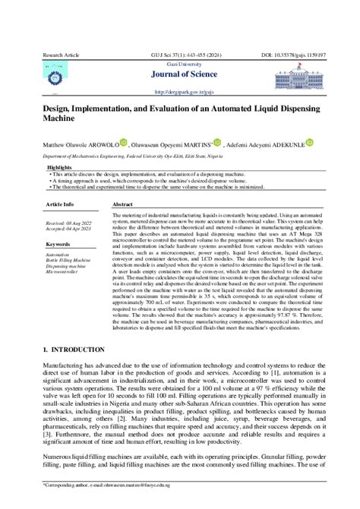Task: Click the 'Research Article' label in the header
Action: tap(62, 56)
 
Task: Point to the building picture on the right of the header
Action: tap(304, 77)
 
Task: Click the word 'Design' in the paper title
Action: tap(62, 109)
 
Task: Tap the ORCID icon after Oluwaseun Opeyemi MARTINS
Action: tap(217, 141)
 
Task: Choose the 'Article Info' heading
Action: tap(60, 205)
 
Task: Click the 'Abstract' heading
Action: tap(122, 205)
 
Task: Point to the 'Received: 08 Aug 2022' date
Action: tap(69, 220)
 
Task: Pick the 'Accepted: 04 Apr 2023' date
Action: tap(69, 227)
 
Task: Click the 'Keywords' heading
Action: tap(58, 244)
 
